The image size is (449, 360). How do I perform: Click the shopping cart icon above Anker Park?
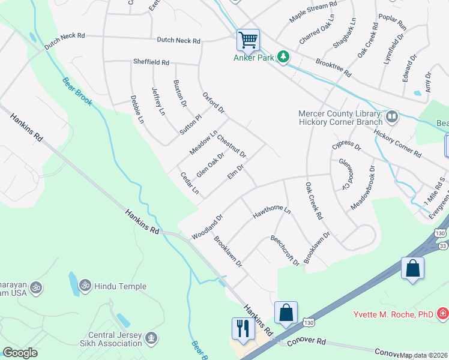click(x=248, y=40)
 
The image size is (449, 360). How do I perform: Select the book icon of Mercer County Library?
click(x=392, y=115)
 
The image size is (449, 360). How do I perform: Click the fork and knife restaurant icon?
click(x=243, y=328)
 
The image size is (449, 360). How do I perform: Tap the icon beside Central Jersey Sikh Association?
click(x=152, y=338)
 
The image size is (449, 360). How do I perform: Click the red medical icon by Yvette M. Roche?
click(x=442, y=313)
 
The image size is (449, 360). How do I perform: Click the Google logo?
click(x=20, y=352)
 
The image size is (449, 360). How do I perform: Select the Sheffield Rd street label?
click(x=151, y=62)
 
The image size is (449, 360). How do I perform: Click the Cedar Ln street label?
click(x=190, y=182)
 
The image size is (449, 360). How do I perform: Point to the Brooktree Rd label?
click(x=333, y=67)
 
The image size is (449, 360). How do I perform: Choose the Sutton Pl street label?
click(x=191, y=124)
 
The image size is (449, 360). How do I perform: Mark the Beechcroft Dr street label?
click(x=285, y=250)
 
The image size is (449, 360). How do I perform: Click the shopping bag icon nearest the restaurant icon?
click(x=286, y=313)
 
